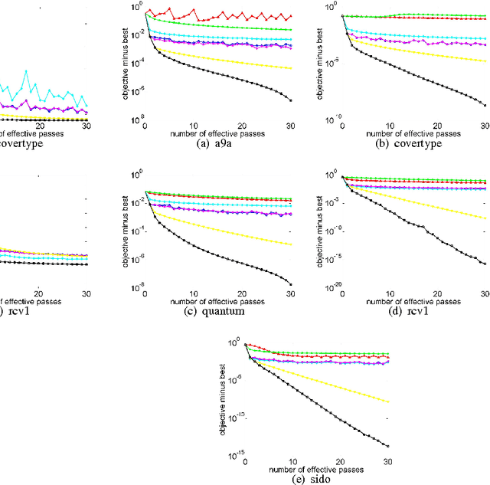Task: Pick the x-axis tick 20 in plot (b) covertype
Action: coord(438,126)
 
